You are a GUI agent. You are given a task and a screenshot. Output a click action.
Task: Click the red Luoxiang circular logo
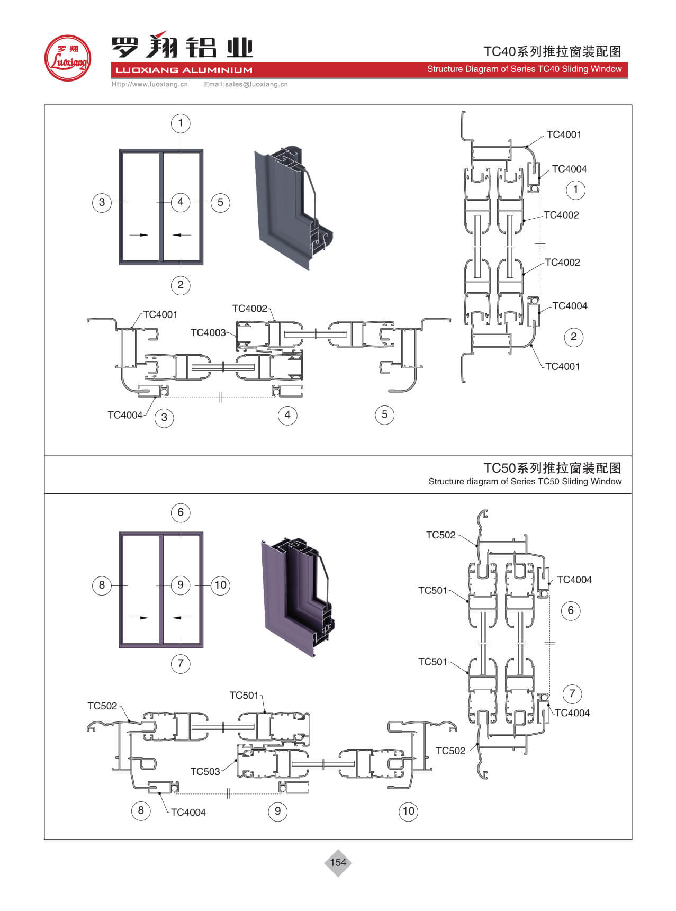coord(67,58)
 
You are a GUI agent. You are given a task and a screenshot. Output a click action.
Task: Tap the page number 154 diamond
coord(338,862)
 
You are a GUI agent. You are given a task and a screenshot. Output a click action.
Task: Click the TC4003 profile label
coord(208,332)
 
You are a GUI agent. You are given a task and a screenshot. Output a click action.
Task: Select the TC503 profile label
coord(205,771)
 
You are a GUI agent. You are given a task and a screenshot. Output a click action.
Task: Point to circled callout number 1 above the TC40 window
coord(181,123)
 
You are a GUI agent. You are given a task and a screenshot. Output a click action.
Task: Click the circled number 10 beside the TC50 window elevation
coord(220,585)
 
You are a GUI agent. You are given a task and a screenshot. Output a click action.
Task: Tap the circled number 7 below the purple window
coord(181,663)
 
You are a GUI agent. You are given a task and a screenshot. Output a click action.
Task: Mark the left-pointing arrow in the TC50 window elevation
coord(182,617)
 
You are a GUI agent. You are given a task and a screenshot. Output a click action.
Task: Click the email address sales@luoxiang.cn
coord(246,84)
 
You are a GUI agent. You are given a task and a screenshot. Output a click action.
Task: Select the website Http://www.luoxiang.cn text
coord(150,84)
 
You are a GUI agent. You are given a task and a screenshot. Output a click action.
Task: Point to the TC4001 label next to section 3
coord(160,314)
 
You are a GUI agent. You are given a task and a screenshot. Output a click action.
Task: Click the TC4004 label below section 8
coord(188,812)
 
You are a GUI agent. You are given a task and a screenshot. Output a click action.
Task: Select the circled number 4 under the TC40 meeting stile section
coord(287,415)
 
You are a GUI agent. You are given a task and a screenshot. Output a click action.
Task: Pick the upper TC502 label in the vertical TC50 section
coord(440,535)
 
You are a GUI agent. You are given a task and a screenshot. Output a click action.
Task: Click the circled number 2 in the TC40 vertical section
coord(574,337)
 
